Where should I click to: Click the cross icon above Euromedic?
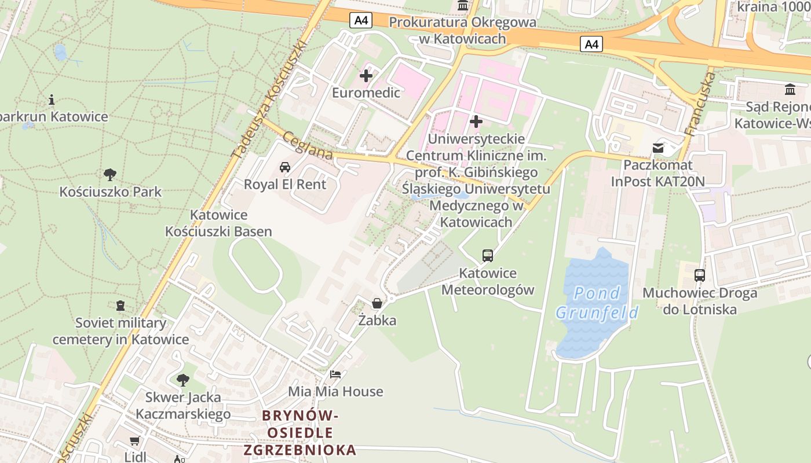366,76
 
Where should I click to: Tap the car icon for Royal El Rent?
284,167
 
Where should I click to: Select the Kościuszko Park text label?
110,192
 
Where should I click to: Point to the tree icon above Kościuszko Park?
109,174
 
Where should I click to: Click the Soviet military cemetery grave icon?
120,305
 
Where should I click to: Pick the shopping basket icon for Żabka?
377,303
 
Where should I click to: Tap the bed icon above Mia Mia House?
335,374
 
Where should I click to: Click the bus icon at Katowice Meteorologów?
488,255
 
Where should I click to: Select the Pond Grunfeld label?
597,303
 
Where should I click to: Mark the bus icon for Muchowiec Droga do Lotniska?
700,275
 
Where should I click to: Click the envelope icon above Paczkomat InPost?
658,148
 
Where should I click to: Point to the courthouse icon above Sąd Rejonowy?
790,90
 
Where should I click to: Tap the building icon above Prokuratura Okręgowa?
463,6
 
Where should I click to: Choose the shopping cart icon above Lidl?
135,441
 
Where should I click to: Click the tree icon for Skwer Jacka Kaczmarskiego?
183,380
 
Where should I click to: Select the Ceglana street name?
308,145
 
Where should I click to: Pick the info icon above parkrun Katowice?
52,100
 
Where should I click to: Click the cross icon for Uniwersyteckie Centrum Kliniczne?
476,122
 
